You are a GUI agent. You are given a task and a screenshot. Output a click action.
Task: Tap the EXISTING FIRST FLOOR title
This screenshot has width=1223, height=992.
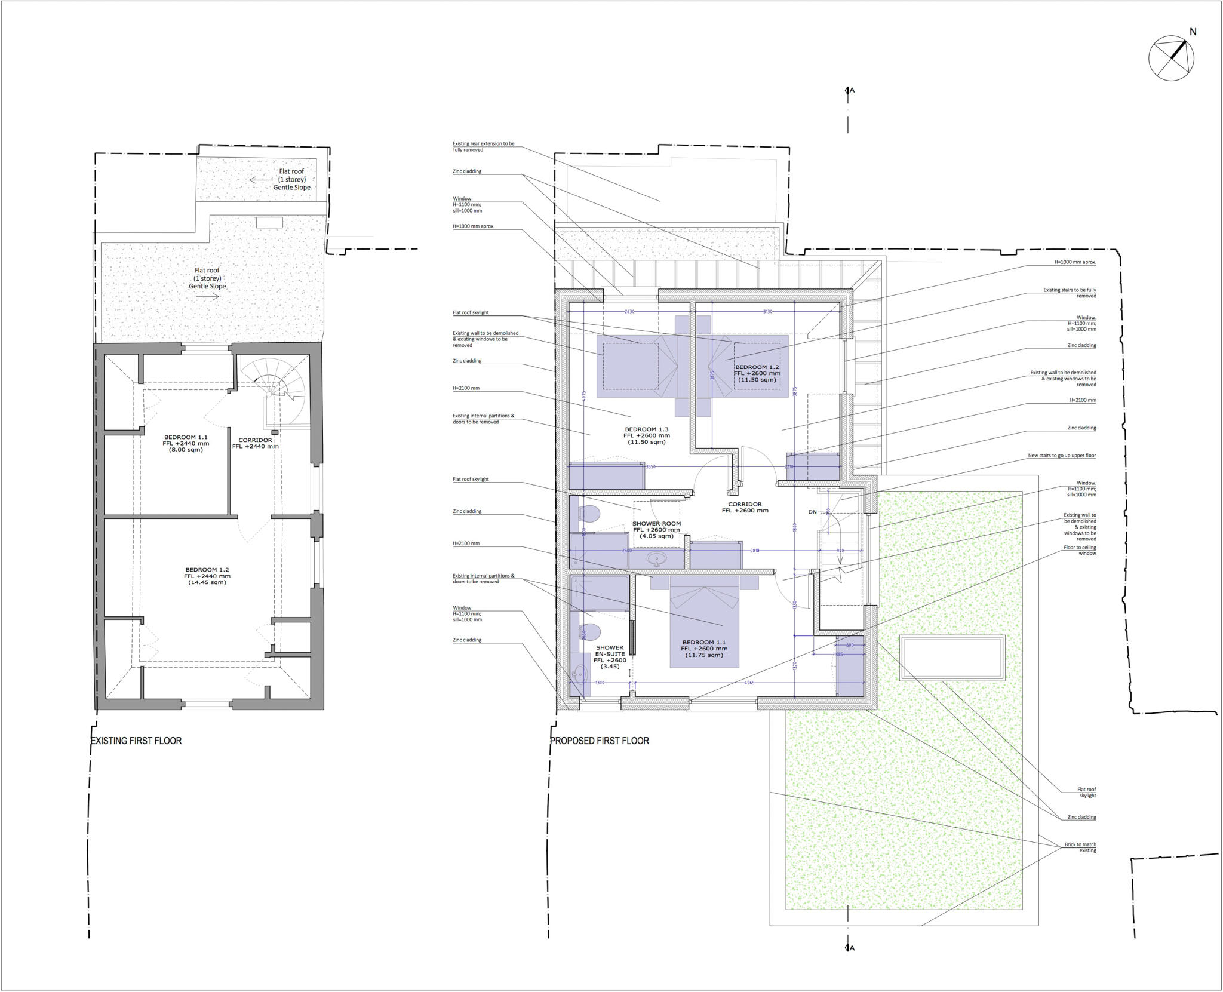136,741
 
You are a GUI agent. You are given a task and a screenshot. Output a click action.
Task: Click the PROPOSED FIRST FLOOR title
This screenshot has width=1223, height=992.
599,741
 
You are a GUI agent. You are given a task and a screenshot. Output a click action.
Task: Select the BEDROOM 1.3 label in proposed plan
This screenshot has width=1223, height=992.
646,435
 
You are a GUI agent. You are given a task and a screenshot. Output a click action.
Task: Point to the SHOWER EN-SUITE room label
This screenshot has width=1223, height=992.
610,656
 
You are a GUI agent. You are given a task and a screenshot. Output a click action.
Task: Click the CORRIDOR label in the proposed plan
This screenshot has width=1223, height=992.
745,507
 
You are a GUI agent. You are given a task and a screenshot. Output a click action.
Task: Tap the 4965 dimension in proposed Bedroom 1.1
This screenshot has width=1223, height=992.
748,683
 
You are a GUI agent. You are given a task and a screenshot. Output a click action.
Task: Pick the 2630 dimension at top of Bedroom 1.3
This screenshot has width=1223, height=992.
629,311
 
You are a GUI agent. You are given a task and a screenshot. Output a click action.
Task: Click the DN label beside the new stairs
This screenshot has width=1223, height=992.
812,512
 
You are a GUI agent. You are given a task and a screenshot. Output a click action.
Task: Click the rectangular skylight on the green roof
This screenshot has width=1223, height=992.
952,658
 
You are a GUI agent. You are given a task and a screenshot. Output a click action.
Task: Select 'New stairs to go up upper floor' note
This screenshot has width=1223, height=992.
1061,456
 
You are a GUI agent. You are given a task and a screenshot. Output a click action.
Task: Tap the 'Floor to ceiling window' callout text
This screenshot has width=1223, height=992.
1080,550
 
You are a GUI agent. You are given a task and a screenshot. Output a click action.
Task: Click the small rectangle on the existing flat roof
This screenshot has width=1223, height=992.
269,223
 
